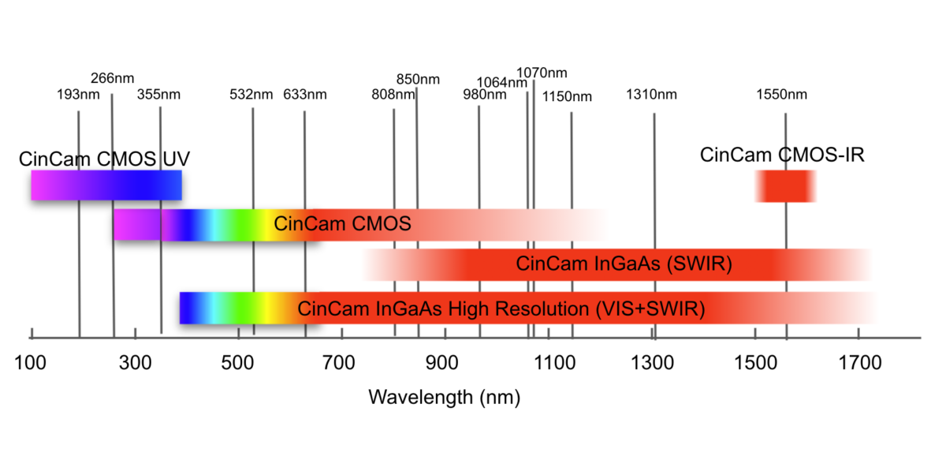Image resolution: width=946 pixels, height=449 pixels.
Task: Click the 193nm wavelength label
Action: point(78,95)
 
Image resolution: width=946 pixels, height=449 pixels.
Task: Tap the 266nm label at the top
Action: point(113,78)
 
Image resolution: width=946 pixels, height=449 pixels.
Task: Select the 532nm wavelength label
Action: point(251,95)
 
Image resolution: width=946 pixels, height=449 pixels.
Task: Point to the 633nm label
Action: point(305,95)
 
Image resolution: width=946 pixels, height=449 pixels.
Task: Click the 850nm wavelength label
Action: point(418,79)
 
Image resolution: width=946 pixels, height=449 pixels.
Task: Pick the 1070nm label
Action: point(542,73)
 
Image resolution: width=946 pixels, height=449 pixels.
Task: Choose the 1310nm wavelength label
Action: point(652,95)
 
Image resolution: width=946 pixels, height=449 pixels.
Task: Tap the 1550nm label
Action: point(782,95)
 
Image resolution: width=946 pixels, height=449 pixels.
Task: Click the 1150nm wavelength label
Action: point(567,96)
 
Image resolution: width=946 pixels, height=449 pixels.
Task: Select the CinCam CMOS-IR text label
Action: point(782,155)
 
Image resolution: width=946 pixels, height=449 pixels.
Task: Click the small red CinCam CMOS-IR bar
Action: point(785,186)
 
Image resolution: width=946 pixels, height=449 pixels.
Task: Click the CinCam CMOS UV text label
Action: point(104,159)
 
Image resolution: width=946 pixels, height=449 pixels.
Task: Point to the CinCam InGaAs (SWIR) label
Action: point(624,264)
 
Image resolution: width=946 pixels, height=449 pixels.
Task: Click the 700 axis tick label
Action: point(341,363)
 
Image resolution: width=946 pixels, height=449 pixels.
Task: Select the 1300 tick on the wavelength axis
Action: point(653,363)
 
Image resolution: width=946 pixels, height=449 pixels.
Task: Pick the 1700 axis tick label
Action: point(860,363)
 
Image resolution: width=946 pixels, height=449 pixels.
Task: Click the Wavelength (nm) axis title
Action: point(444,397)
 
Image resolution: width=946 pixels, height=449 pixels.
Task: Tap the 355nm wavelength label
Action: point(158,95)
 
